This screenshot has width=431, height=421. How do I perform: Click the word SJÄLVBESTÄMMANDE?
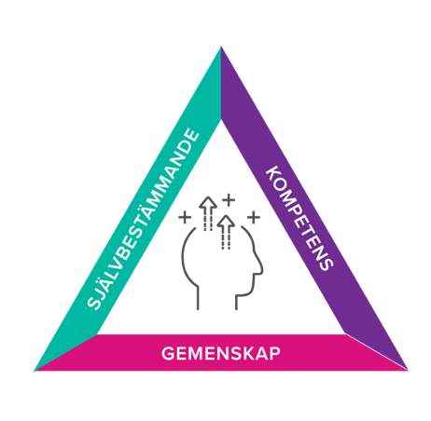pos(143,219)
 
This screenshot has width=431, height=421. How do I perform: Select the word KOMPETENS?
pos(300,219)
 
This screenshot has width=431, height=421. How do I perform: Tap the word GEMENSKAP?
pos(221,353)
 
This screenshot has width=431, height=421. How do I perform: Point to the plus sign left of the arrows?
pos(185,217)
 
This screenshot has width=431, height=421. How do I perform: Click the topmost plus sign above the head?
pos(229,200)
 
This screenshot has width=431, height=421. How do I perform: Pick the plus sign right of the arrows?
pos(254,217)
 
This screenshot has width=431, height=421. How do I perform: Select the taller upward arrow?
pos(208,213)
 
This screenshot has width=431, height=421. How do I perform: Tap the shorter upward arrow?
pos(226,232)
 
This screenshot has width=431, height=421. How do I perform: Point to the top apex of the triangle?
pos(221,47)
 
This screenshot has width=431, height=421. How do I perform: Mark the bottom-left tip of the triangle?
pos(34,371)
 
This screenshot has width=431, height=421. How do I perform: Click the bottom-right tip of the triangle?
pos(408,370)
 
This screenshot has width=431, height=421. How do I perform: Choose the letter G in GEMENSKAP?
pos(168,353)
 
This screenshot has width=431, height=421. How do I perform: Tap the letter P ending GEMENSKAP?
pos(275,354)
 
